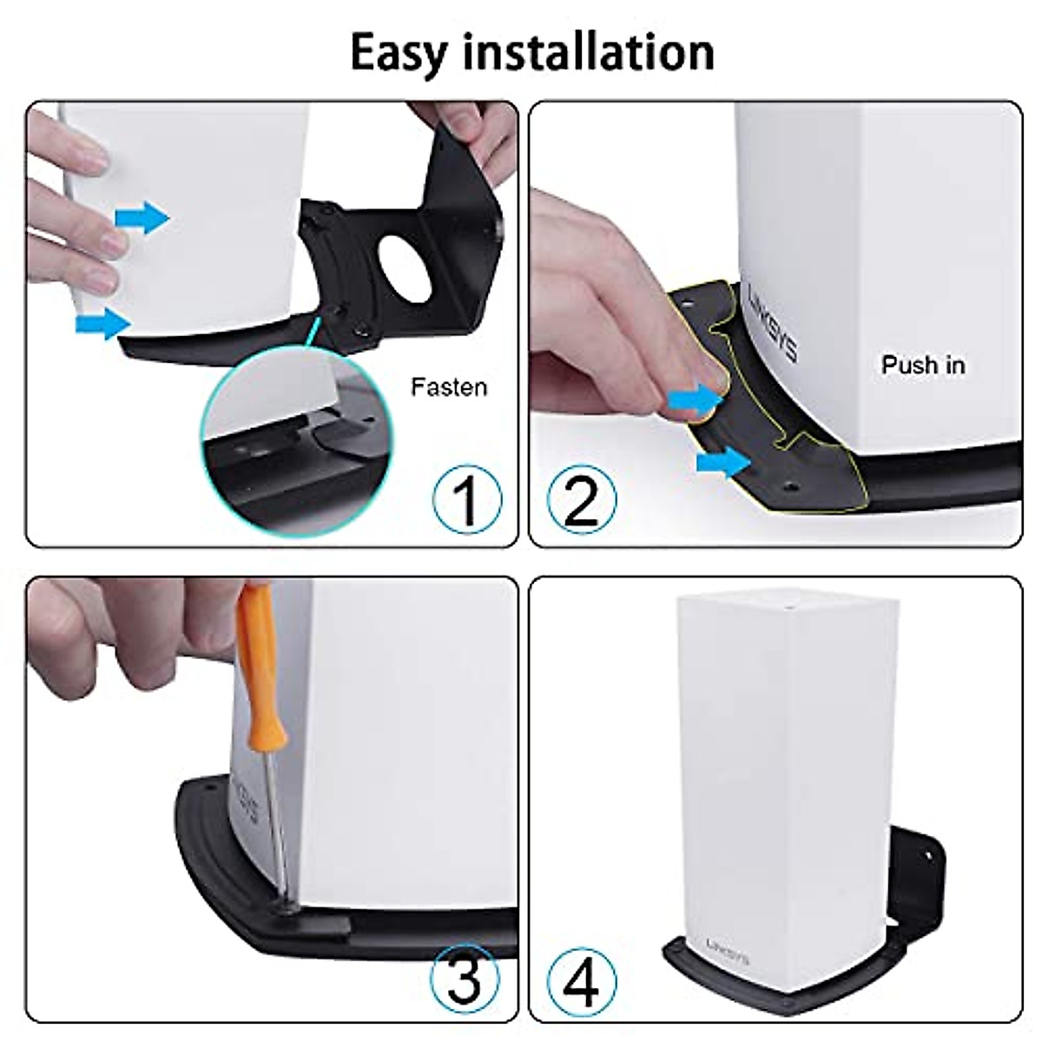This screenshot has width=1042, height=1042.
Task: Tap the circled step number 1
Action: point(467,500)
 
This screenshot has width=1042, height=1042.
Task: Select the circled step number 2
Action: point(582,500)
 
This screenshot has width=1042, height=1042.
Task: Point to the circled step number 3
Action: point(465,979)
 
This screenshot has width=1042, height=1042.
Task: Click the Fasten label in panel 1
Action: point(448,387)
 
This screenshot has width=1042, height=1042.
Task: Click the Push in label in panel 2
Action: point(922,365)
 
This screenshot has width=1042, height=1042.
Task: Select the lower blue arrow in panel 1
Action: point(102,324)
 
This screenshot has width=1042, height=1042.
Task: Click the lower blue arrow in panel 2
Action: point(722,462)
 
